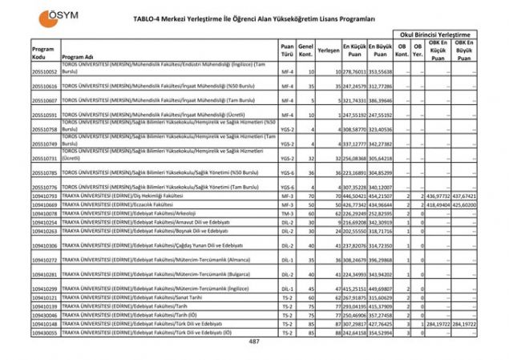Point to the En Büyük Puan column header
click(x=380, y=50)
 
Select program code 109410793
click(x=45, y=196)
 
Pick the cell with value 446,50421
click(x=354, y=196)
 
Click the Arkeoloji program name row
click(x=132, y=213)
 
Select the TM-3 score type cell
click(x=287, y=213)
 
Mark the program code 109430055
click(x=45, y=331)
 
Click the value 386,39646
click(x=380, y=100)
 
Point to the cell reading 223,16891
click(x=354, y=172)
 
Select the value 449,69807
click(x=380, y=288)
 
